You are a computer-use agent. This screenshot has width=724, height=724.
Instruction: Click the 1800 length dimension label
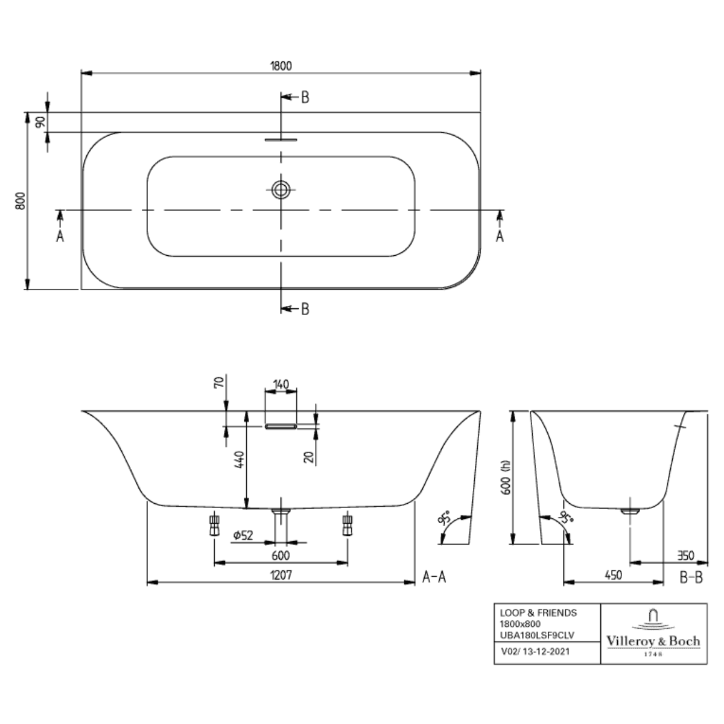tap(281, 66)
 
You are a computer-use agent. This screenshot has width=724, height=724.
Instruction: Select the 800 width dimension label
tap(21, 201)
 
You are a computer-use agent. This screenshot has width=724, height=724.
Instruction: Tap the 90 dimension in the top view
tap(40, 122)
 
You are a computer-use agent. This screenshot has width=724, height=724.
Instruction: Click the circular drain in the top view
tap(281, 189)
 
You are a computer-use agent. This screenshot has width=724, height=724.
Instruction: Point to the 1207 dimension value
tap(281, 574)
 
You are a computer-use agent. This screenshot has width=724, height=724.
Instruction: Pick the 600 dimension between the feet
tap(281, 555)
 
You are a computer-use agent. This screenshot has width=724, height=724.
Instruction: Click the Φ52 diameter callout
tap(243, 535)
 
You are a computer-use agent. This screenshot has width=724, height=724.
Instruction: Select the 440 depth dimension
tap(239, 459)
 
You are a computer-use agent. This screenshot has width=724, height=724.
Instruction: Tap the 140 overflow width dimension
tap(281, 384)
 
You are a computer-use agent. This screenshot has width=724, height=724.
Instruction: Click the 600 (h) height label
tap(506, 477)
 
